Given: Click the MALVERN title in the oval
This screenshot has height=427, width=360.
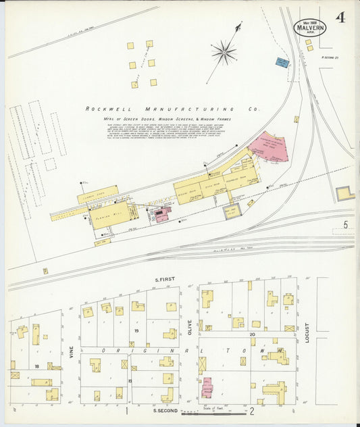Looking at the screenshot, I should pos(309,28).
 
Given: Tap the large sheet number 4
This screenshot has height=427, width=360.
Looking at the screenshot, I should pos(340,18).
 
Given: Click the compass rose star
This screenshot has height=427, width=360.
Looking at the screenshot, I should pos(224,51).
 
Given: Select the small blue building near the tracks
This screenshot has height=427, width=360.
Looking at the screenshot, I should pos(282,63).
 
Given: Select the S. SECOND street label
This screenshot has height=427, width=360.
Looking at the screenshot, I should pos(165,410).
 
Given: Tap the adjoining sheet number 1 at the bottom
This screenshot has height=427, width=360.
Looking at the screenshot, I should pos(127,410).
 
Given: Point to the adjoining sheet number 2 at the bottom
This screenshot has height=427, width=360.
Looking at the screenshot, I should pos(251,410).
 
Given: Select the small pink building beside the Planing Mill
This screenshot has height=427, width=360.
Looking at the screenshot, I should pos(161,214).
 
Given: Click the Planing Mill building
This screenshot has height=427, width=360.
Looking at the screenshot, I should pos(110,214).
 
